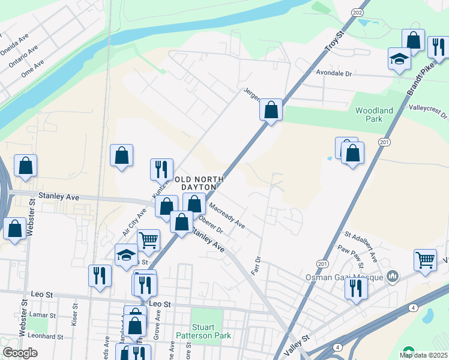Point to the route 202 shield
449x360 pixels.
(x=358, y=13)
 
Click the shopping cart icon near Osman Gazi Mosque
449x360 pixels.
(x=425, y=260)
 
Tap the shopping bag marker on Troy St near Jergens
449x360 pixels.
(x=271, y=110)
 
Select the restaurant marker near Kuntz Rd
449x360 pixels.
(x=161, y=169)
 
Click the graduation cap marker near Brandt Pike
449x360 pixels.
(x=399, y=59)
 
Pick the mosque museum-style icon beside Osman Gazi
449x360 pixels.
(x=393, y=275)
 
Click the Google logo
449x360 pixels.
(x=20, y=353)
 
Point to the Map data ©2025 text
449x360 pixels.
(x=423, y=355)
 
